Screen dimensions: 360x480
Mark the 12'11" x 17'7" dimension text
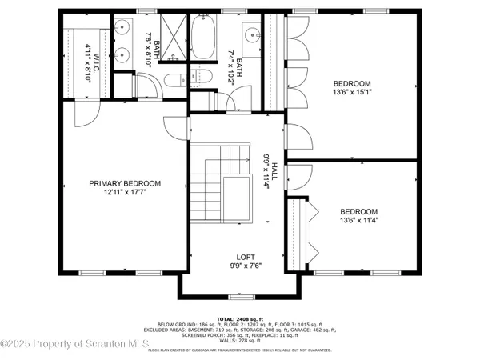click(x=124, y=193)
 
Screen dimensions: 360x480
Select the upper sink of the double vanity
click(x=122, y=29)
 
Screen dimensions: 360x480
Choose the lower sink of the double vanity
click(x=122, y=56)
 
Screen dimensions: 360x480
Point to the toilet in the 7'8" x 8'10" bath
click(x=199, y=78)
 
